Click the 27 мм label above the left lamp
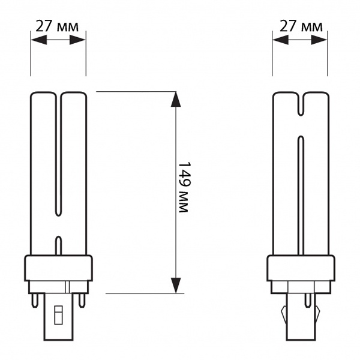tap(57, 26)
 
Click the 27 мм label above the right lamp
tap(301, 26)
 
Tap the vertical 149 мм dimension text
tap(184, 187)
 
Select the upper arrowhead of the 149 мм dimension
tap(176, 99)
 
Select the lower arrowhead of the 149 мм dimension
tap(176, 285)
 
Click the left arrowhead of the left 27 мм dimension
tap(39, 40)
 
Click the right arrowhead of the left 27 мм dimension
tap(77, 40)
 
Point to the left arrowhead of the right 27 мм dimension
tap(281, 40)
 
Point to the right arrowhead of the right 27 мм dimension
tap(319, 40)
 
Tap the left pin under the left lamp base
tap(34, 301)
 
